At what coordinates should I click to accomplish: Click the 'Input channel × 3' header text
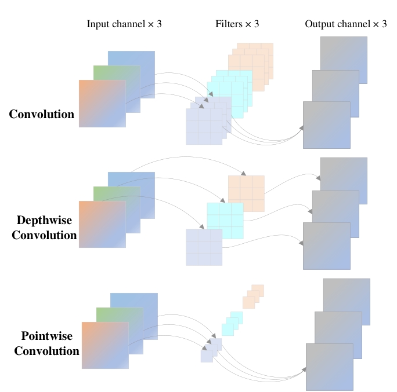pos(124,24)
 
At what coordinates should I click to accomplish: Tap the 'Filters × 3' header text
pos(237,24)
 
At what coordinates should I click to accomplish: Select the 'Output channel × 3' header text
pos(345,24)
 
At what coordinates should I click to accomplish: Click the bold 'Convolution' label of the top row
pos(42,115)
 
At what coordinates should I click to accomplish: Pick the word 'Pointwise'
pos(46,336)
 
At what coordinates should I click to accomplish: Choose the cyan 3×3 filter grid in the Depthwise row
pos(225,221)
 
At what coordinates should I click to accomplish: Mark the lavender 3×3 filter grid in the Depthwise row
pos(204,247)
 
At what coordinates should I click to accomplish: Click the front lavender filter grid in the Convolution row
pos(204,126)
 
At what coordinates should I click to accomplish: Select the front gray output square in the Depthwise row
pos(326,246)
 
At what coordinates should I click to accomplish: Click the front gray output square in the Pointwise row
pos(329,367)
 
